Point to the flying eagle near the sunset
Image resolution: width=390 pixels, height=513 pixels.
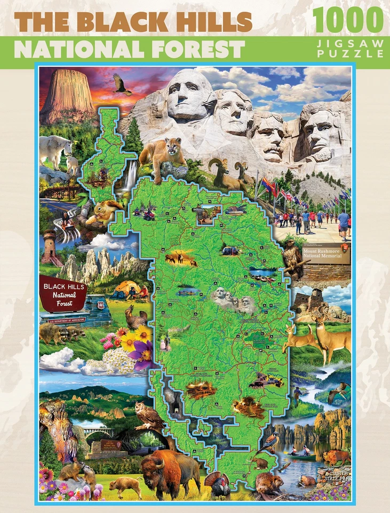tap(122, 83)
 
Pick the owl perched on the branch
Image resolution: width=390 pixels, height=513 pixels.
tap(148, 415)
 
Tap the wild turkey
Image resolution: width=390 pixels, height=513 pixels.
tap(218, 485)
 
